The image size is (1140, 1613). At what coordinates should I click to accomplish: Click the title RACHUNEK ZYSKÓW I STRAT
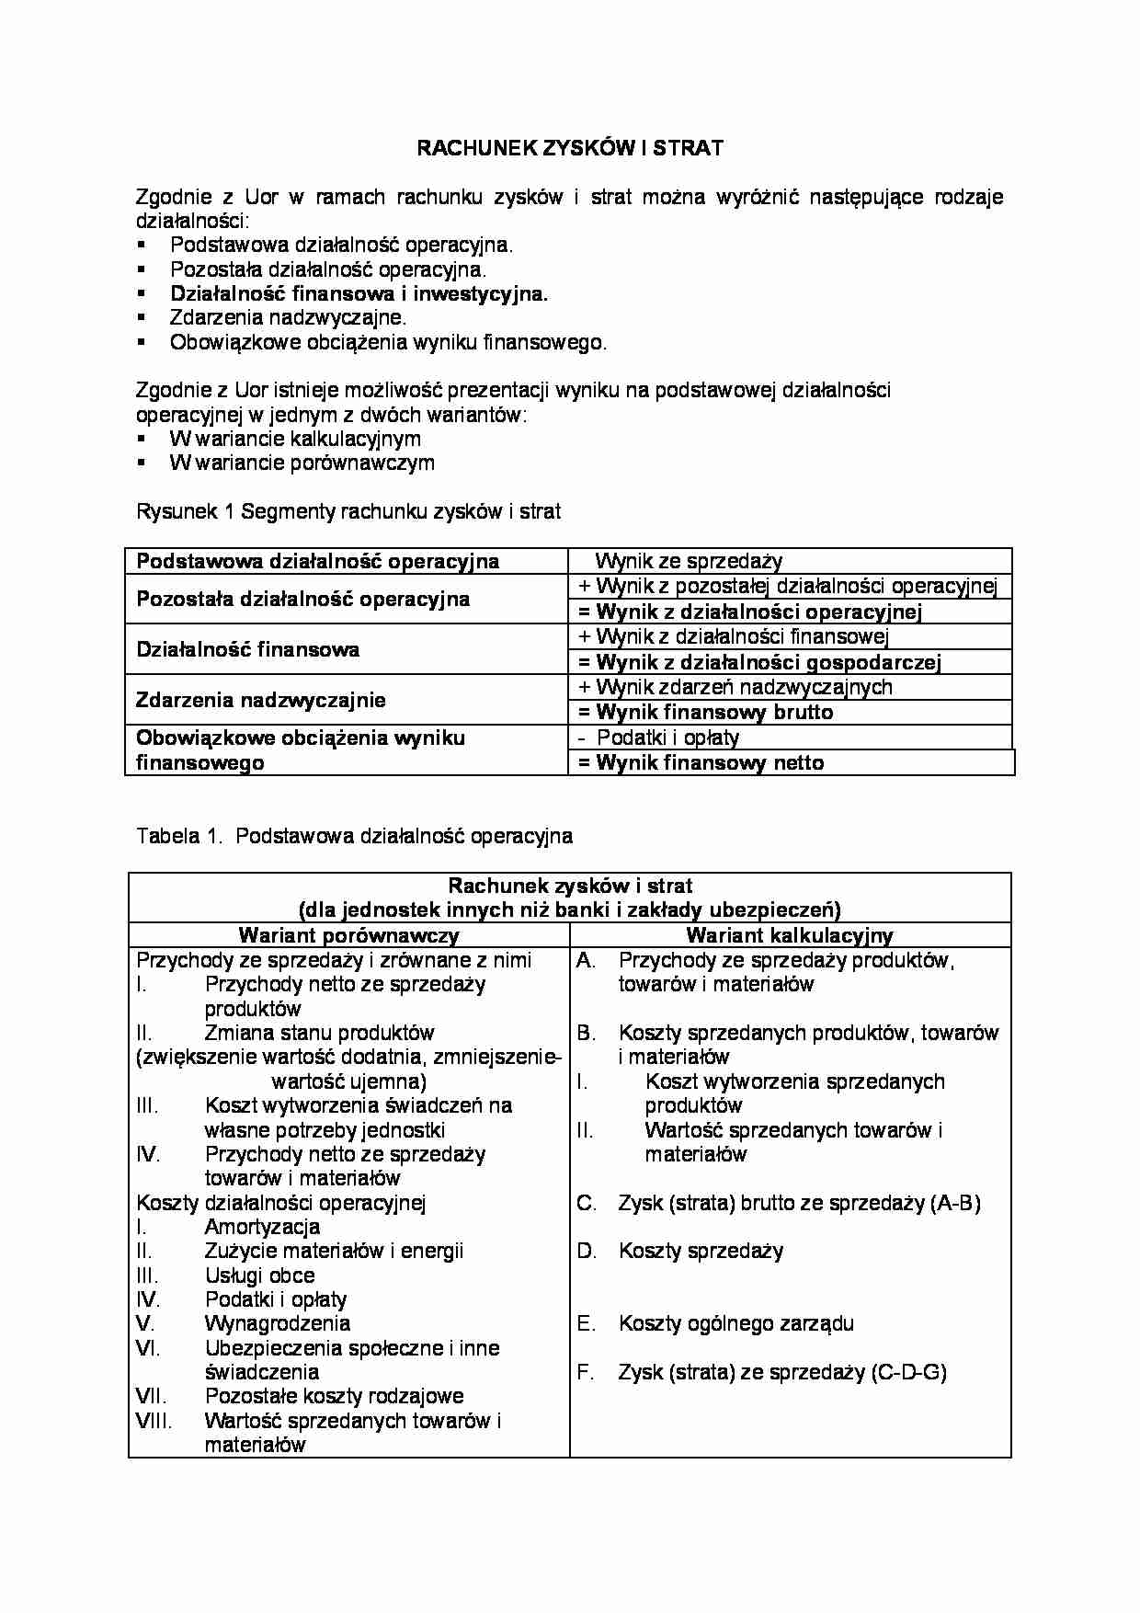tap(570, 148)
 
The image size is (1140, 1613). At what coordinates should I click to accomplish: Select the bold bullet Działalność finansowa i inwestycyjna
tap(359, 294)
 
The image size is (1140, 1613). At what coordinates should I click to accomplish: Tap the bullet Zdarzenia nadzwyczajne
tap(288, 318)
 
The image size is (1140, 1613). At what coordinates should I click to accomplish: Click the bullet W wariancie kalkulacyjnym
tap(295, 439)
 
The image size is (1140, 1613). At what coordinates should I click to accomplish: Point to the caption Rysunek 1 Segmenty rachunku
tap(348, 511)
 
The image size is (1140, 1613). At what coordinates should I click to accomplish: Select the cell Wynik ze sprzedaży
tap(689, 561)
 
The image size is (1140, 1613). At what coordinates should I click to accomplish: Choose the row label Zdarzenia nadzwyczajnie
tap(261, 700)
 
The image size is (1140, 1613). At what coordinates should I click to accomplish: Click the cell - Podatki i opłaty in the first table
tap(659, 738)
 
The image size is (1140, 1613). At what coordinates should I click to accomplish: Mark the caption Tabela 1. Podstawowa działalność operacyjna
tap(354, 836)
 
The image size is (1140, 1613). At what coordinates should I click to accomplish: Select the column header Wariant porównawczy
tap(348, 935)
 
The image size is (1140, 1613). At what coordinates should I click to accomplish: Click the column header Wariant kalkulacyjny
tap(790, 935)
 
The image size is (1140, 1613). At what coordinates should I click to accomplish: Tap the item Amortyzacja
tap(262, 1227)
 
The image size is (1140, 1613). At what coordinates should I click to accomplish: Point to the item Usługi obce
tap(259, 1276)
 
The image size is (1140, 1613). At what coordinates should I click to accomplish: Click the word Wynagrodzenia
tap(277, 1324)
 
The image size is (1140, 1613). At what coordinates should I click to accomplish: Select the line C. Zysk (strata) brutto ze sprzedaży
tap(798, 1203)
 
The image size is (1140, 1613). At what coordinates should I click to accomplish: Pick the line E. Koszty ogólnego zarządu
tap(735, 1324)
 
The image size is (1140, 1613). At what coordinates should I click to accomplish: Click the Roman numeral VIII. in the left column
tap(154, 1421)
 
